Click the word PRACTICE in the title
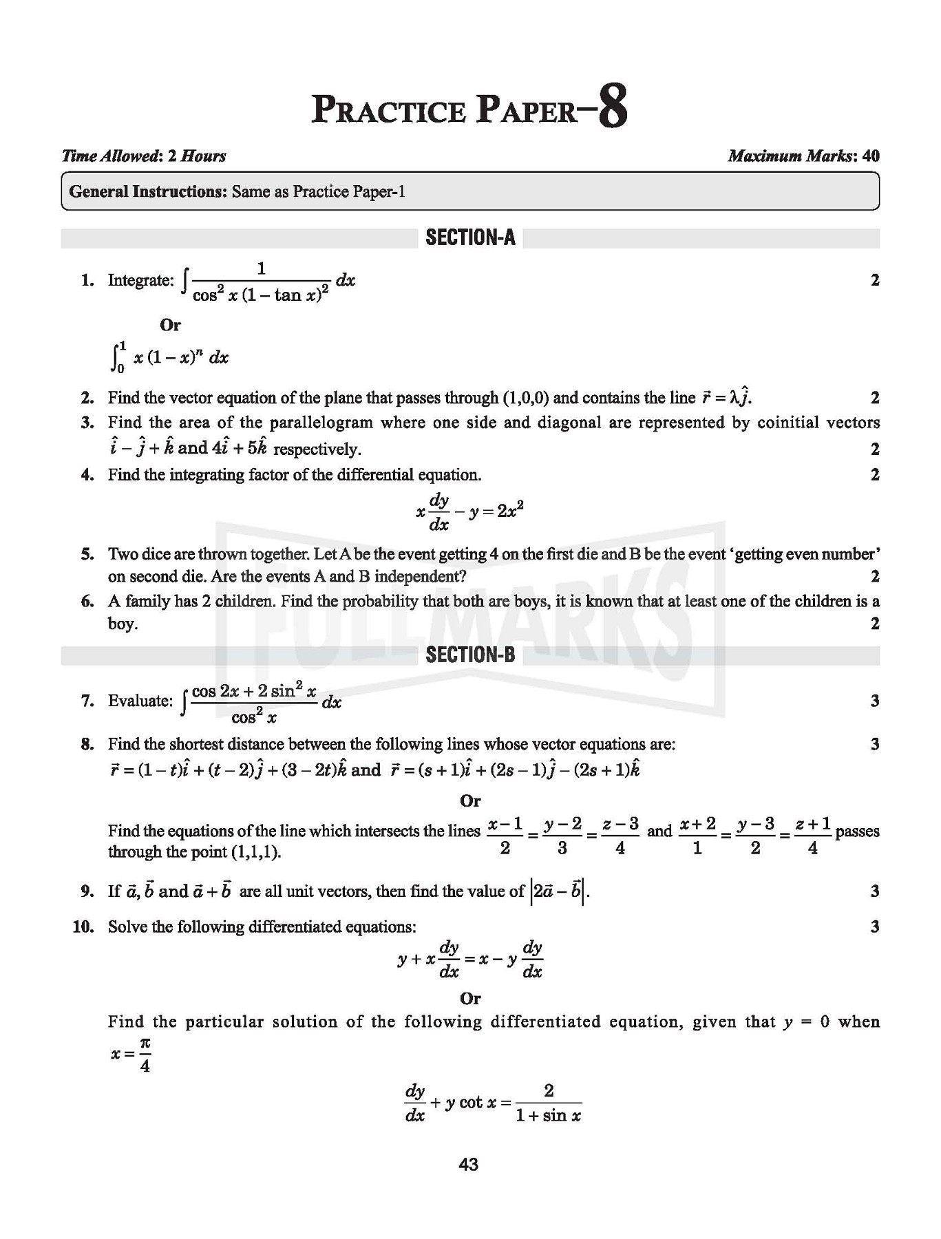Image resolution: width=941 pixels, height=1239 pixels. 389,110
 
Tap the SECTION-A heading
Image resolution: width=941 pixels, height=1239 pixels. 470,237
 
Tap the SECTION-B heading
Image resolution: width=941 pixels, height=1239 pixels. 470,654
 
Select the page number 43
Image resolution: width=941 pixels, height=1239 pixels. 468,1165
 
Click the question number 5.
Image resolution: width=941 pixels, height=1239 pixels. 87,554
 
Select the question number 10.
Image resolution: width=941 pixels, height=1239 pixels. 83,926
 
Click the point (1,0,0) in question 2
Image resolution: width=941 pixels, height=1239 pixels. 526,398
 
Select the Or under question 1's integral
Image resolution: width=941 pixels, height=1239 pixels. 170,324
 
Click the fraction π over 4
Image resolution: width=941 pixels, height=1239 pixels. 145,1055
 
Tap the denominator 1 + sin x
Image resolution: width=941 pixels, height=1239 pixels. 548,1115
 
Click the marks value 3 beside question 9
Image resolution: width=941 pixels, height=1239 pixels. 875,891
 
